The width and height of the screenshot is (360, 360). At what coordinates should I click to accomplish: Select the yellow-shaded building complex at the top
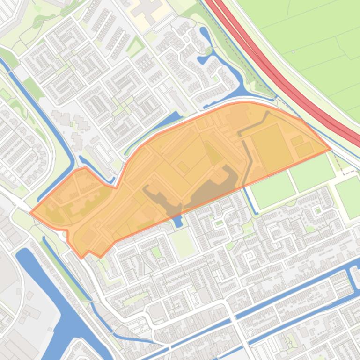coord(149,8)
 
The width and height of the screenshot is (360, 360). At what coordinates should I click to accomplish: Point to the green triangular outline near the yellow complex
coord(135,46)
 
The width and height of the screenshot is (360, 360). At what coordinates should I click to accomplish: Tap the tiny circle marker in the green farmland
coord(294,52)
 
